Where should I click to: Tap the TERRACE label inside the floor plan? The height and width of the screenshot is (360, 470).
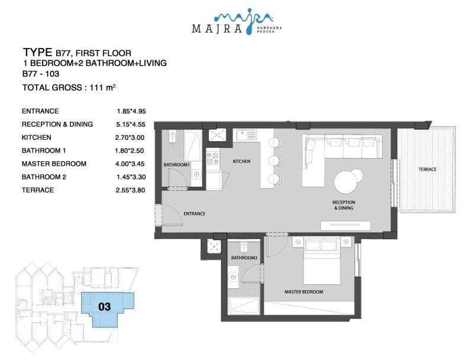[427, 169]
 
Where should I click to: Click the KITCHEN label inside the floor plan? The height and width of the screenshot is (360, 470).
[242, 161]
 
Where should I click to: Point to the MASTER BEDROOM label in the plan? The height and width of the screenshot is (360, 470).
[304, 292]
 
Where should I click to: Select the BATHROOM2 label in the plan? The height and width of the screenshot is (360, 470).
[244, 258]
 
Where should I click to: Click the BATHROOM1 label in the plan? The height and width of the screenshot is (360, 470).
[176, 165]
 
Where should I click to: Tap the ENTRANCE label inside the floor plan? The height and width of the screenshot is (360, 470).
[195, 214]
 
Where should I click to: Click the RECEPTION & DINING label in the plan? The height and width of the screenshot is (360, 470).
[344, 205]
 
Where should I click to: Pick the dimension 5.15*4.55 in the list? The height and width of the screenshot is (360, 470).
[131, 124]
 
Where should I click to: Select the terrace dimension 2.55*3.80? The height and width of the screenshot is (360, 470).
[130, 190]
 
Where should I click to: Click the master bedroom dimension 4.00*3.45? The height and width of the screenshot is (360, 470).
[130, 163]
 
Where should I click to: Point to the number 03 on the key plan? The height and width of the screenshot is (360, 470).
[105, 307]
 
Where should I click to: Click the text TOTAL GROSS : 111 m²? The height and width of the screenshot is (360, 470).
[69, 88]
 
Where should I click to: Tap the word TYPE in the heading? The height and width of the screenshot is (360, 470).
[38, 53]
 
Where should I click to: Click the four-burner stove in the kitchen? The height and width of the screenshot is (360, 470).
[213, 158]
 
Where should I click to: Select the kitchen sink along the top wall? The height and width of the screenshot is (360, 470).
[246, 135]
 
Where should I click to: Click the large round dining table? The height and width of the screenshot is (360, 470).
[346, 182]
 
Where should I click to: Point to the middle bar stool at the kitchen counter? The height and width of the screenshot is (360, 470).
[275, 161]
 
